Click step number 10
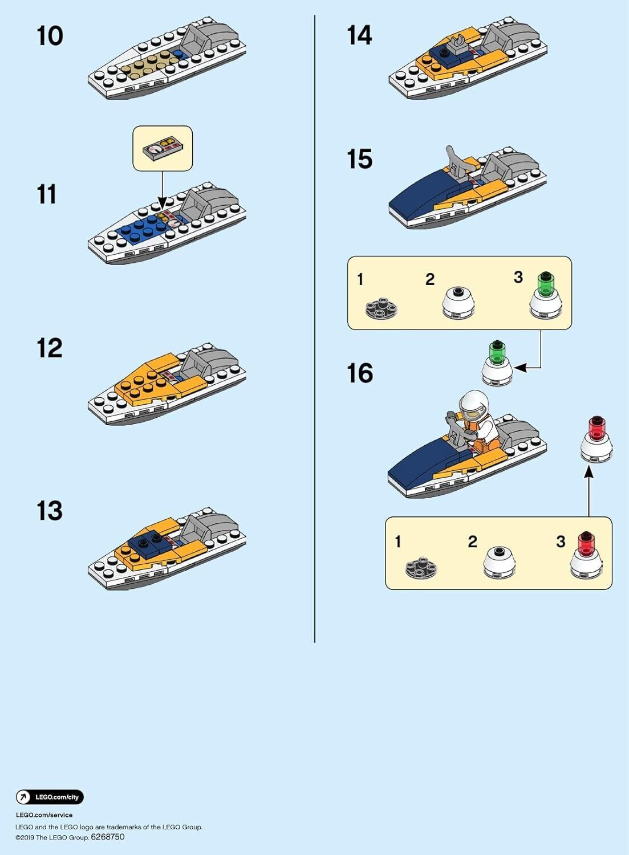(50, 36)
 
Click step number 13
(50, 511)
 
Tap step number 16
(360, 373)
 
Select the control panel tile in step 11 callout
(161, 150)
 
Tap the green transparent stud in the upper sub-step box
(546, 282)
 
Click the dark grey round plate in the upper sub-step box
(381, 308)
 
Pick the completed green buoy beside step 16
(497, 365)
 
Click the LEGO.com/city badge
(50, 797)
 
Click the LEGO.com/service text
(44, 815)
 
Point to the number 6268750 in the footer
(107, 837)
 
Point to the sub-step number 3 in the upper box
(518, 277)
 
